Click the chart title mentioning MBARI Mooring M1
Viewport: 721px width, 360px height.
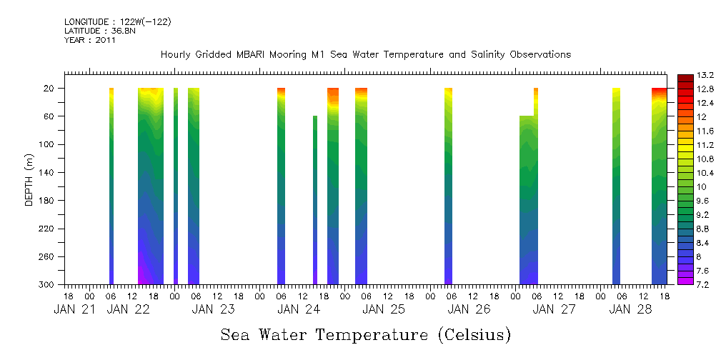365,55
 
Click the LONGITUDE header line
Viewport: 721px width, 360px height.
117,22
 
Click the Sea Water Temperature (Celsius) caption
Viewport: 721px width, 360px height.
365,334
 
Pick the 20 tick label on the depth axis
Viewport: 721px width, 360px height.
50,89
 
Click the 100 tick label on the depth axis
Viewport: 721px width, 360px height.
48,144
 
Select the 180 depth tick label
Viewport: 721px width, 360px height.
48,201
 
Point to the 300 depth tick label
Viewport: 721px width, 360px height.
48,285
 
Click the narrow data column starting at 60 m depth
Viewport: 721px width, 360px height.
315,200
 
